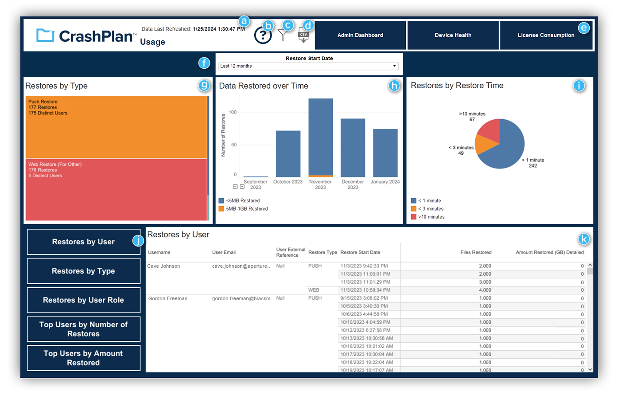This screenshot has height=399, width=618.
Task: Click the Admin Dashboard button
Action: click(x=360, y=35)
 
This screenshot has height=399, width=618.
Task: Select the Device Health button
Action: click(x=453, y=35)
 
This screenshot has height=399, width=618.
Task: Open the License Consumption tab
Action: click(x=546, y=35)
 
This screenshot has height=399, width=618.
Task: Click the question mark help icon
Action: click(x=263, y=35)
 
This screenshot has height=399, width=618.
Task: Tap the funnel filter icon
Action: click(x=283, y=35)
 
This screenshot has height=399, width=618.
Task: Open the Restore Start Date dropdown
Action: click(x=309, y=66)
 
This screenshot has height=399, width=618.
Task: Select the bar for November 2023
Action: click(x=320, y=137)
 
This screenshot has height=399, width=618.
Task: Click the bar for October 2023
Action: click(x=288, y=154)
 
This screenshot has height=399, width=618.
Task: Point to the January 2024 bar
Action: click(x=385, y=153)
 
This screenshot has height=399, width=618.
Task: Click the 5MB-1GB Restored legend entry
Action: click(x=246, y=209)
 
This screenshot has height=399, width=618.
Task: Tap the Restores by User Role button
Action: click(x=83, y=300)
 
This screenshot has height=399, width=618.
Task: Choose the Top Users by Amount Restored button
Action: click(x=83, y=358)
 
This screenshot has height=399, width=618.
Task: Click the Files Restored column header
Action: click(x=475, y=252)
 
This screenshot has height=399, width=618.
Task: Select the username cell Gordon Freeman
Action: click(x=167, y=298)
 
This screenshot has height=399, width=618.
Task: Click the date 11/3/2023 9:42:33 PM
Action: click(x=364, y=266)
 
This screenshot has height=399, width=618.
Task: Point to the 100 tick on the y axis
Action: click(x=233, y=112)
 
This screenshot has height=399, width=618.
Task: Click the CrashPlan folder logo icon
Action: click(x=45, y=35)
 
